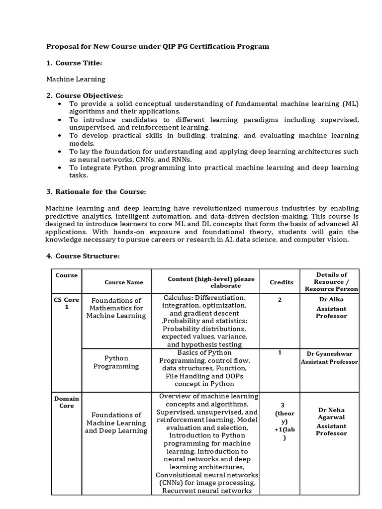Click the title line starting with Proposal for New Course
pos(158,46)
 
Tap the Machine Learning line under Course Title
pos(76,79)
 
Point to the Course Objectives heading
pos(89,95)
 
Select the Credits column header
pos(282,282)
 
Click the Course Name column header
pos(124,282)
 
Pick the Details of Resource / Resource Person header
pos(331,281)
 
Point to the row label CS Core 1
pos(67,303)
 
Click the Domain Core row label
pos(67,402)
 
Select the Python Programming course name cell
pos(116,362)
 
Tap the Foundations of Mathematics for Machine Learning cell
pos(116,308)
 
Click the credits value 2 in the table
pos(280,300)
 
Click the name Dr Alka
pos(331,299)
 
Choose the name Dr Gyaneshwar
pos(329,353)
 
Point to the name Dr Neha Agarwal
pos(331,414)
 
